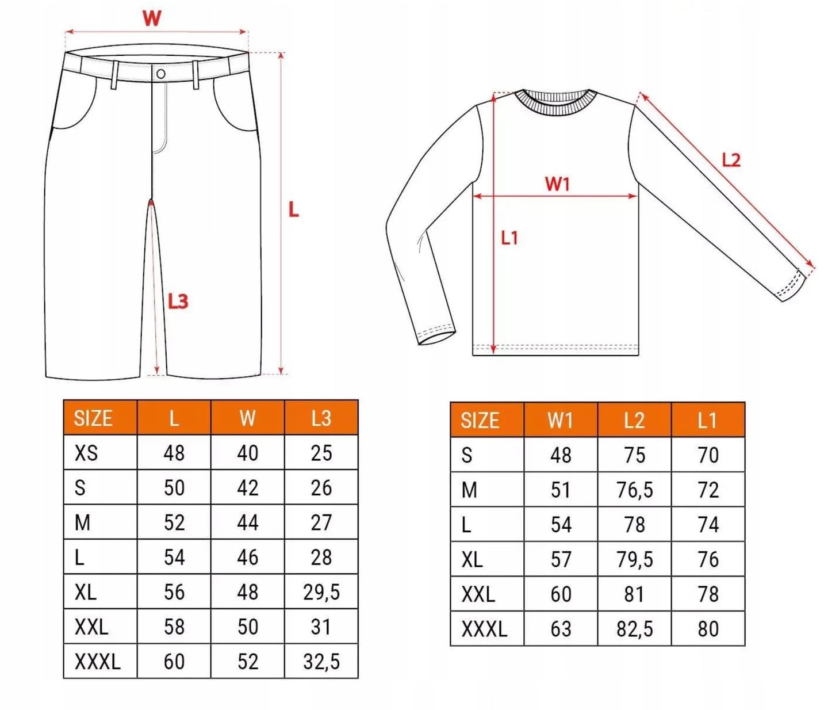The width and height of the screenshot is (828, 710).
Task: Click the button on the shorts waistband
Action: (x=161, y=74)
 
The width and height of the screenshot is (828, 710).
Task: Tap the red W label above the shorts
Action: (x=152, y=18)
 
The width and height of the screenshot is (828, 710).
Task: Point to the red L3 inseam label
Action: (x=178, y=301)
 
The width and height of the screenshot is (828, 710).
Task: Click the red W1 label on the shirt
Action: (x=557, y=184)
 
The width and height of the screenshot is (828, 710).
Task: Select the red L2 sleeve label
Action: (x=731, y=160)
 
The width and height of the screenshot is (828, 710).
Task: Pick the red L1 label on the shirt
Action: (x=509, y=238)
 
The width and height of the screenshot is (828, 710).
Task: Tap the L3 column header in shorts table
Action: (x=321, y=418)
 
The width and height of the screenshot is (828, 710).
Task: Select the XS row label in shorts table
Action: (x=86, y=453)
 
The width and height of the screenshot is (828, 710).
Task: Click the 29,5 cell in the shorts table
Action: (x=321, y=592)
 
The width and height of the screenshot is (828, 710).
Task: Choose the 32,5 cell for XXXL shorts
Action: (x=321, y=662)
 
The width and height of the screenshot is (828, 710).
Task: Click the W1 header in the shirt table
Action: (x=560, y=421)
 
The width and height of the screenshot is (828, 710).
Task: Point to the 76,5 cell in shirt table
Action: (x=634, y=490)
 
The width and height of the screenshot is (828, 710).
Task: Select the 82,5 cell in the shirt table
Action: (x=634, y=629)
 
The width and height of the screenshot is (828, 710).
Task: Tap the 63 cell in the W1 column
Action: (x=561, y=629)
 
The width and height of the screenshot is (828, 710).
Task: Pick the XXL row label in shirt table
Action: (x=478, y=594)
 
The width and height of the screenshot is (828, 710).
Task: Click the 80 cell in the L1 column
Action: (x=708, y=629)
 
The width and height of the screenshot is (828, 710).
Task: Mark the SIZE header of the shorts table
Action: (x=93, y=418)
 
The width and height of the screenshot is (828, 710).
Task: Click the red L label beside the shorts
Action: (x=293, y=210)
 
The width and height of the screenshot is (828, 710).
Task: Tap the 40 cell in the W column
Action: (x=247, y=453)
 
